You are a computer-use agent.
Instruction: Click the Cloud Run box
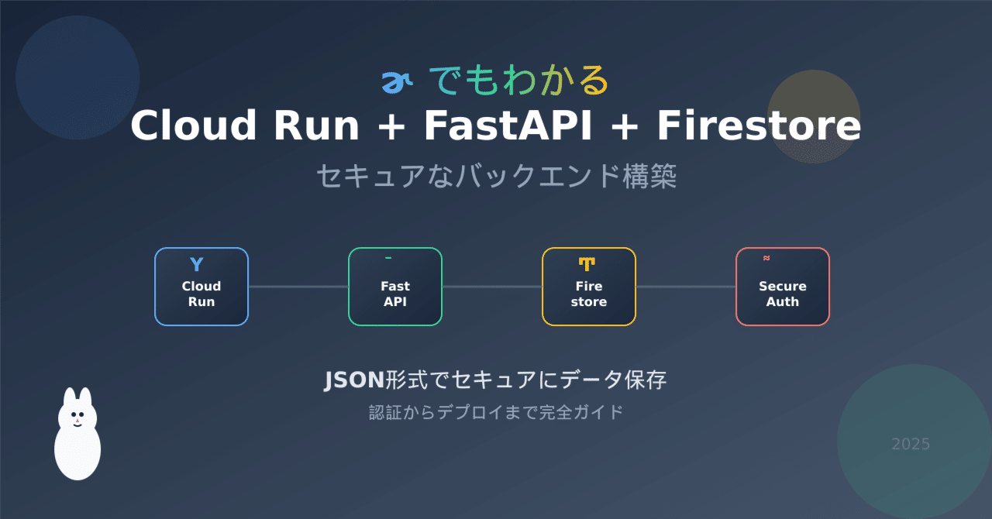(x=201, y=287)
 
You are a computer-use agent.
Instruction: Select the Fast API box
(x=395, y=287)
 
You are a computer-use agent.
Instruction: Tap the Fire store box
(x=589, y=287)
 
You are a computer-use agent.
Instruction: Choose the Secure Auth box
(x=782, y=287)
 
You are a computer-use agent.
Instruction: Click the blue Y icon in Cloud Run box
(x=197, y=264)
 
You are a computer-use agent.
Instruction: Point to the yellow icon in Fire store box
(x=587, y=264)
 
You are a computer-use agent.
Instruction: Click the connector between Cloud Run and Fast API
(x=298, y=287)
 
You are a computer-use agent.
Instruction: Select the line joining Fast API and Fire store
(x=492, y=287)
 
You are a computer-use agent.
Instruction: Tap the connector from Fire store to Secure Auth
(x=685, y=287)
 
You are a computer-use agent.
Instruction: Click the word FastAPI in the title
(x=507, y=126)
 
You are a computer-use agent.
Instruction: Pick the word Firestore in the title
(x=759, y=126)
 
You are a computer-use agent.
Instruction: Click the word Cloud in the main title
(x=183, y=126)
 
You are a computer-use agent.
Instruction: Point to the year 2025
(x=911, y=444)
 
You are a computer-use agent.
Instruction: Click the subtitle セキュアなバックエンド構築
(x=496, y=177)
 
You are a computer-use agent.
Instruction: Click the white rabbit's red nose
(x=77, y=421)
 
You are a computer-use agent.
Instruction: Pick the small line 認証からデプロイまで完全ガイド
(x=496, y=412)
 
